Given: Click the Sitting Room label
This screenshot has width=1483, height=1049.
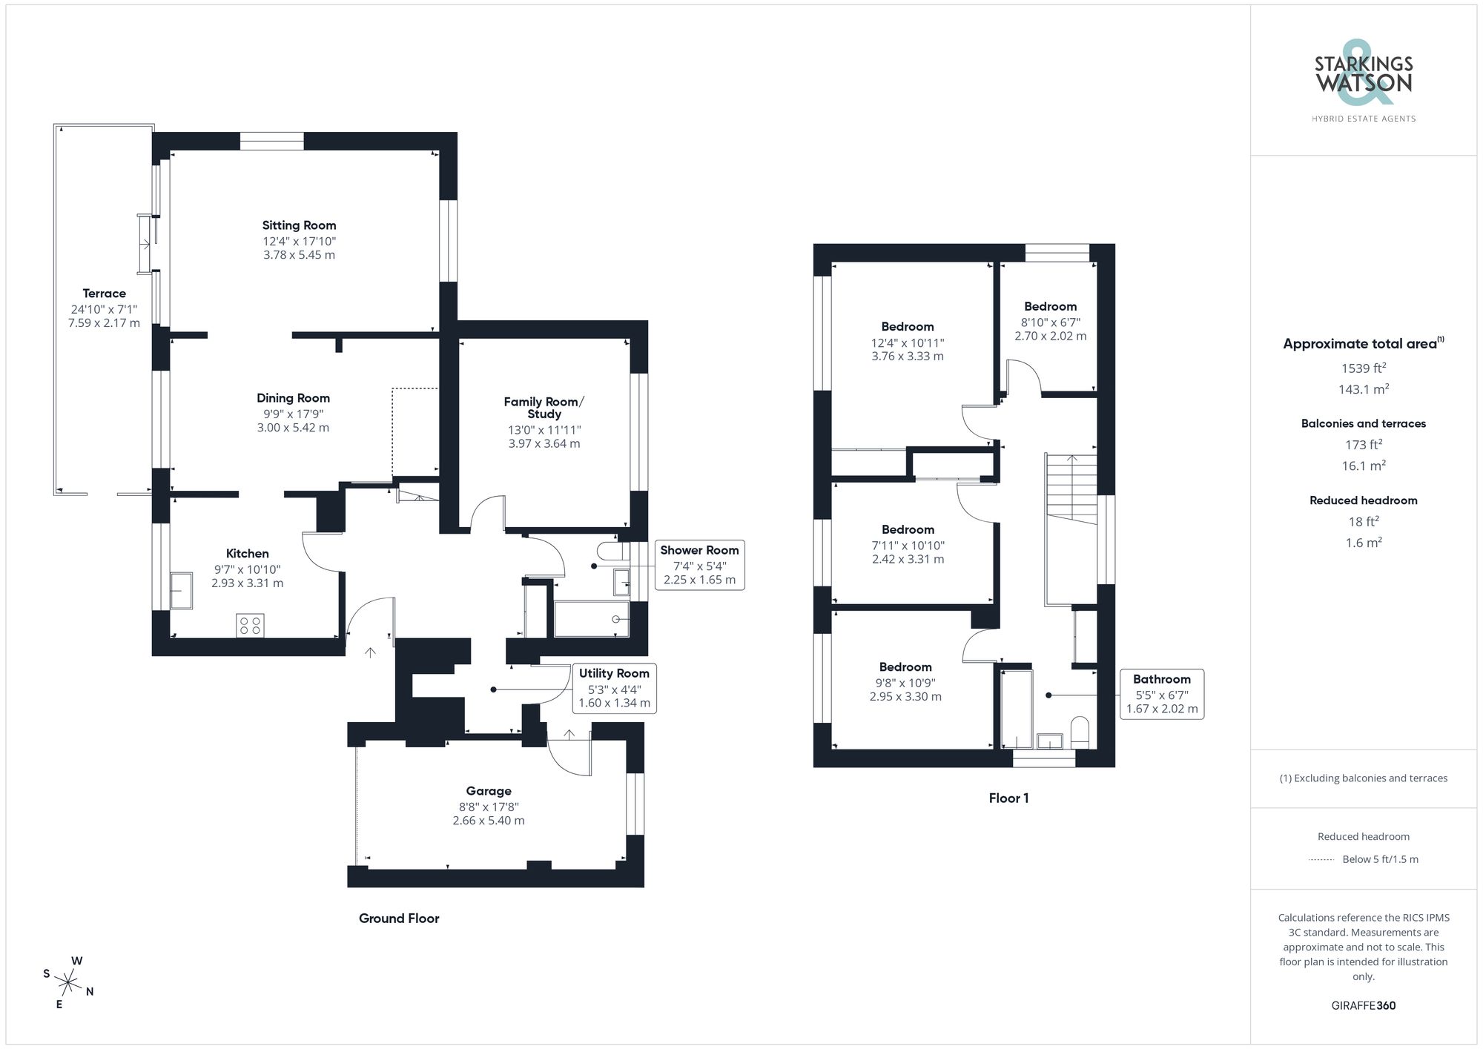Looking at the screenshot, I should click(x=299, y=225).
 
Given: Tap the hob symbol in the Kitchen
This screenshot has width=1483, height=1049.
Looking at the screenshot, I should click(x=250, y=625).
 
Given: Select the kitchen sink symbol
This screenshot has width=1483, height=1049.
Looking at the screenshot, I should click(x=181, y=590).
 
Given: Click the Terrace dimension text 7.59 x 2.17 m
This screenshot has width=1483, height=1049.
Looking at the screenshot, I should click(x=104, y=323).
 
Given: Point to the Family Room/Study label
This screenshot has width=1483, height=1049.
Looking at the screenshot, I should click(x=544, y=408).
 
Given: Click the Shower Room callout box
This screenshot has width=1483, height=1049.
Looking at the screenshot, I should click(x=699, y=565).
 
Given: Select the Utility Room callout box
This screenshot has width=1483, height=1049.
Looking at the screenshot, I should click(x=614, y=688).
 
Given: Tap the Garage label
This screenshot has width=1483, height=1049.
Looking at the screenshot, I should click(x=489, y=791).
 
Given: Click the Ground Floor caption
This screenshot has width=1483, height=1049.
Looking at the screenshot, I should click(x=399, y=919).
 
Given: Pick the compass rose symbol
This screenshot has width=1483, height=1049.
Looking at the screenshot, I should click(x=68, y=984).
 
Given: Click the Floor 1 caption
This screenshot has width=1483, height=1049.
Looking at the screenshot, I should click(x=1008, y=798).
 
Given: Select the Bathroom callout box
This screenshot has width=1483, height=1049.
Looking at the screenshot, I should click(x=1161, y=694).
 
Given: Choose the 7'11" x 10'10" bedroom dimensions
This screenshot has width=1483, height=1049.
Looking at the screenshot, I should click(x=908, y=552).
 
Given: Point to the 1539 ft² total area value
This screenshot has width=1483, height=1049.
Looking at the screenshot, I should click(x=1363, y=368).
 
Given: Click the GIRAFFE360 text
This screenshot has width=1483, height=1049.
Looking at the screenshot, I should click(x=1363, y=1006).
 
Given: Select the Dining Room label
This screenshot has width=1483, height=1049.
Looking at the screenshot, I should click(x=293, y=398).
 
